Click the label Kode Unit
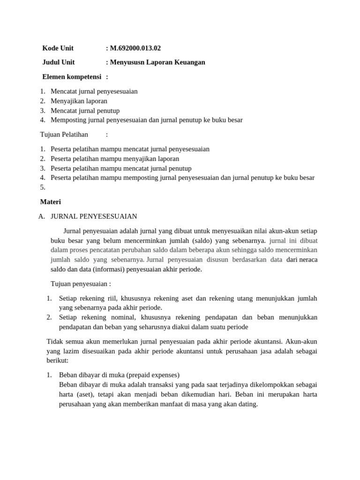coord(58,48)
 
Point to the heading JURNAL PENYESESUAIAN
coord(94,216)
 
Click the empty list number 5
coord(43,187)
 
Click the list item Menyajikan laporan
coord(79,101)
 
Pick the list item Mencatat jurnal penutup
coord(85,111)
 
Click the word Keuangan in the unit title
coord(190,62)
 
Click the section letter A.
coord(42,216)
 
